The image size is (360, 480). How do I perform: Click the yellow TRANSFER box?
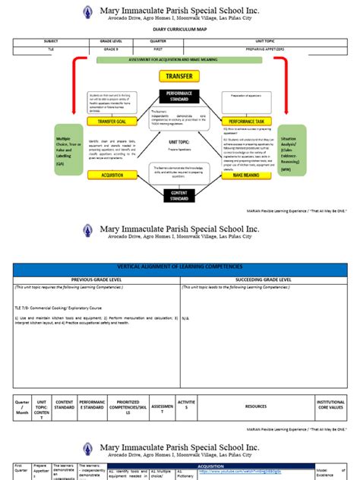tap(178, 76)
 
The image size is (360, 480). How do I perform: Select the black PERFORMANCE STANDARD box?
tap(180, 96)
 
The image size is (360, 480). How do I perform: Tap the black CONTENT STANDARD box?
tap(180, 196)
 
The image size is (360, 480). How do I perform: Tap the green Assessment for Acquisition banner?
tap(179, 59)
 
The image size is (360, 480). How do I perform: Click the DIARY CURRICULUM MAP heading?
tap(180, 29)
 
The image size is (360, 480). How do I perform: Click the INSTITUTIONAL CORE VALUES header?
tap(330, 407)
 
